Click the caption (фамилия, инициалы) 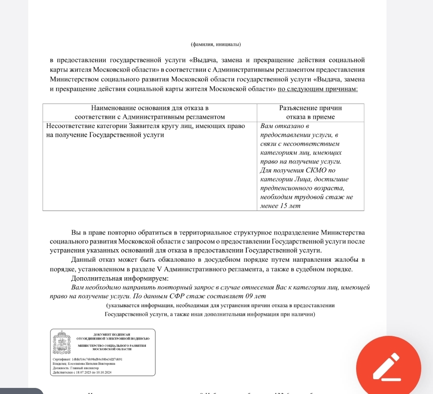click(x=216, y=44)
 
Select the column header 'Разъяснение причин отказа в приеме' click(x=311, y=112)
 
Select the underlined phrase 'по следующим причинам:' click(x=317, y=89)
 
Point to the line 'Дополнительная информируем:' click(x=119, y=278)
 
